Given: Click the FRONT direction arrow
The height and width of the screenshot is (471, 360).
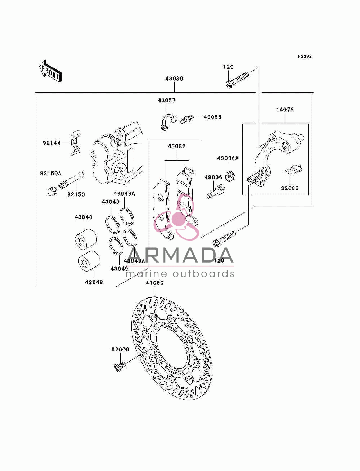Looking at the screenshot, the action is click(50, 71).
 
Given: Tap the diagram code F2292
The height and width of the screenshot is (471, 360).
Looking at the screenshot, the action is click(305, 57).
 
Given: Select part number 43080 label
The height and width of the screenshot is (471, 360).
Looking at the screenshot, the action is click(174, 78).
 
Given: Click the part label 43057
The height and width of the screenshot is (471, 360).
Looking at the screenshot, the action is click(167, 100).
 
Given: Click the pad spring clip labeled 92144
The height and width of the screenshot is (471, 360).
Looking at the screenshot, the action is click(76, 143).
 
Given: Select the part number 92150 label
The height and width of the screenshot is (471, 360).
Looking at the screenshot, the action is click(76, 194).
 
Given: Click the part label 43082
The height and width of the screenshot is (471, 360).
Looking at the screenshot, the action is click(176, 146).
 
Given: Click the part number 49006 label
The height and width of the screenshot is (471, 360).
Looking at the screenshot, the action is click(213, 177).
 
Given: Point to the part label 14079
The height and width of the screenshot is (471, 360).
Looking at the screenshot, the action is click(285, 110).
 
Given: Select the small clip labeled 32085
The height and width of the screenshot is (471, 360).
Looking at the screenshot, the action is click(293, 169).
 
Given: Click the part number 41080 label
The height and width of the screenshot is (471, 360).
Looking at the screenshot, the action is click(155, 283).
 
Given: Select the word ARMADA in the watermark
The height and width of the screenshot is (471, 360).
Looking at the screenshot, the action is click(180, 255).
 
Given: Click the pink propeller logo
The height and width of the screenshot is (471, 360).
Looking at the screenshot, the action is click(176, 217).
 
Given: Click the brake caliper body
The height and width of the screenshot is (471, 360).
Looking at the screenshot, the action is click(118, 153).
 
